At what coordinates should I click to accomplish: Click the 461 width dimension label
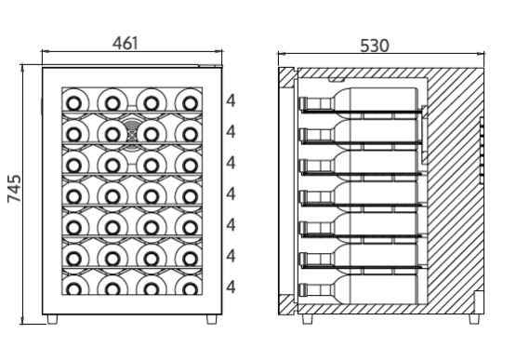(126, 43)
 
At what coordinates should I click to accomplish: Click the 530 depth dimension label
(375, 46)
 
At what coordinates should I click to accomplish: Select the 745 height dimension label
(14, 189)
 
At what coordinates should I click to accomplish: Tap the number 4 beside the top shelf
(231, 101)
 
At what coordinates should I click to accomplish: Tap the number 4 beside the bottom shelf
(231, 287)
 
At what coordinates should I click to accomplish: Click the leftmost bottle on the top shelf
(74, 103)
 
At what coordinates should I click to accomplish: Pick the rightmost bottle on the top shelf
(190, 103)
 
